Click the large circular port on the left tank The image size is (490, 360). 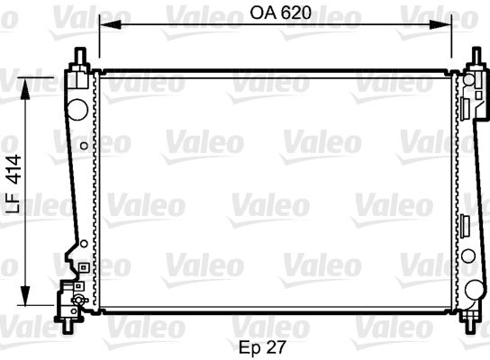(77, 107)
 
